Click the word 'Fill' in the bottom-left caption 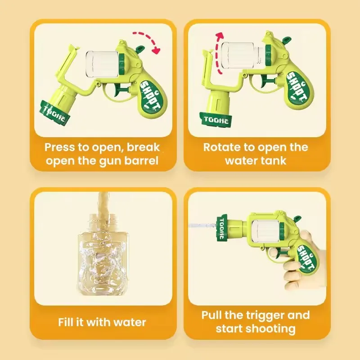click(x=67, y=322)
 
